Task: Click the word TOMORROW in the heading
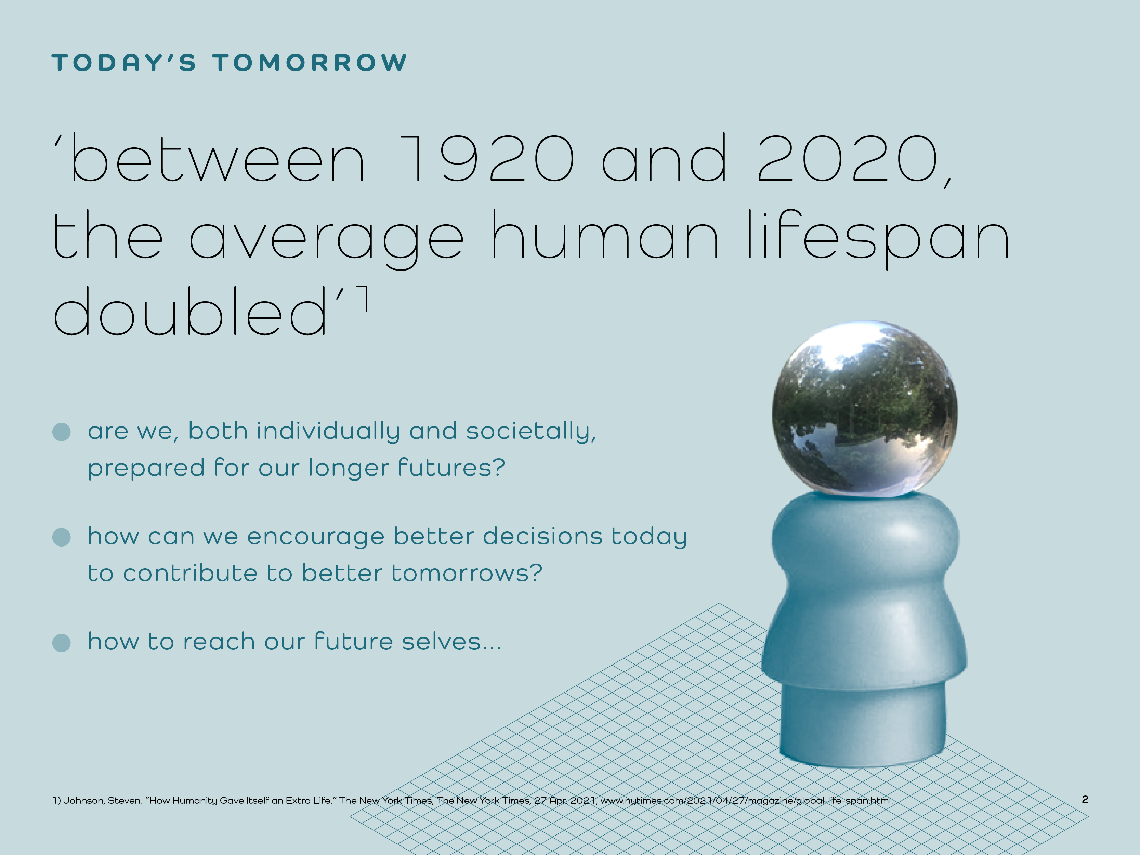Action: tap(310, 63)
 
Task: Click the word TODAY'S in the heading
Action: tap(124, 63)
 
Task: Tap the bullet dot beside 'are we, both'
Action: tap(61, 432)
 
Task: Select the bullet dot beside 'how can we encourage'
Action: tap(61, 537)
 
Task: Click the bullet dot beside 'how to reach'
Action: tap(61, 643)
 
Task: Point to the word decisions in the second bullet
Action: tap(542, 536)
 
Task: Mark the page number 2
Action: tap(1085, 799)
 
